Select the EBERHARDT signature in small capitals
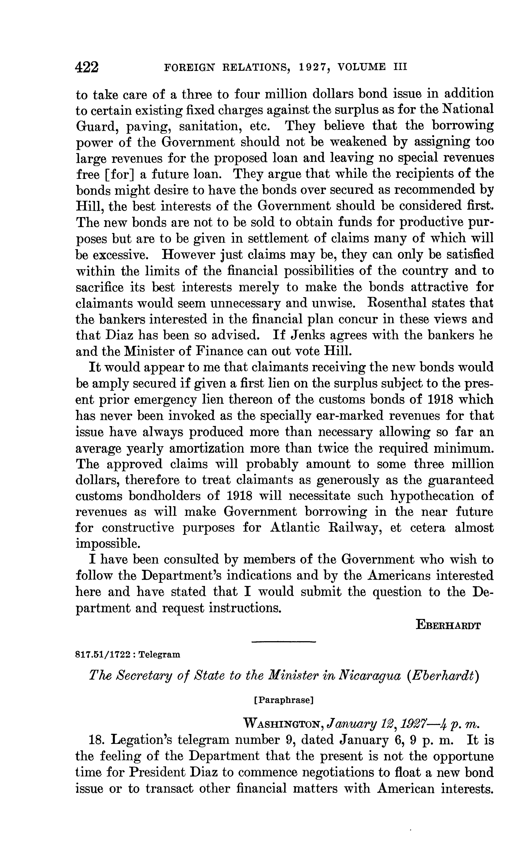448,625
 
